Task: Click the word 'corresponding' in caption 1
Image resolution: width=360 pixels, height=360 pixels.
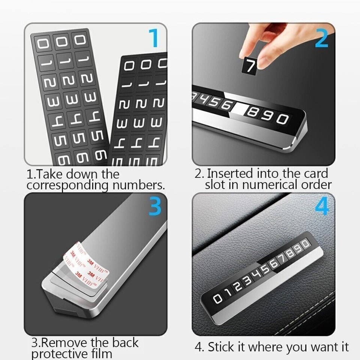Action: click(63, 185)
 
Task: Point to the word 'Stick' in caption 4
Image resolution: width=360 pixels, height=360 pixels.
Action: click(220, 347)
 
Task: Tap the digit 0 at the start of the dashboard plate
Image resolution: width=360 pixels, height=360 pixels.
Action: click(218, 299)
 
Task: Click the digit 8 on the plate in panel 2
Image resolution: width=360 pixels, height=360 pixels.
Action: click(252, 113)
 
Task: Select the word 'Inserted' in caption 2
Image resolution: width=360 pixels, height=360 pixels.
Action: click(230, 174)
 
